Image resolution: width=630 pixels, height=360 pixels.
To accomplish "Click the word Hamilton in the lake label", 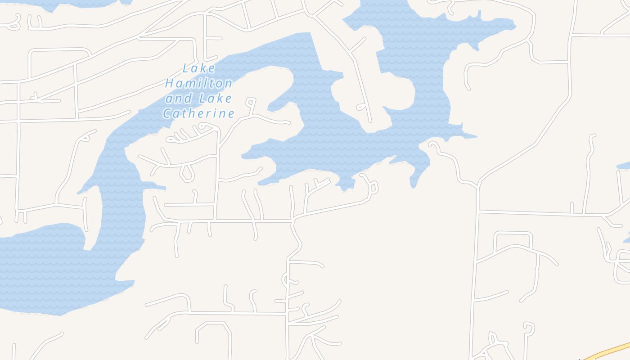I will [198, 83].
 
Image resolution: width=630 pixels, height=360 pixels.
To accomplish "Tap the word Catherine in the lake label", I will [198, 113].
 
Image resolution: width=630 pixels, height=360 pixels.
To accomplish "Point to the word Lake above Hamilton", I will [199, 68].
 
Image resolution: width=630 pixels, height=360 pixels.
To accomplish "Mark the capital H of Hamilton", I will [169, 83].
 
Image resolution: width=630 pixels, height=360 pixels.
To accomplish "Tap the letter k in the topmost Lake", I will [204, 68].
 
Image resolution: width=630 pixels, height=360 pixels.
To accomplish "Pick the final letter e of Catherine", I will [231, 113].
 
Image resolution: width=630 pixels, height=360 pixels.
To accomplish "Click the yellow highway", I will [607, 351].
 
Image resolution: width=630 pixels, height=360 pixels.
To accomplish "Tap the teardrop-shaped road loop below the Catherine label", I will [187, 173].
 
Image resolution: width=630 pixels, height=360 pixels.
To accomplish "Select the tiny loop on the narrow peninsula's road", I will [361, 107].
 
